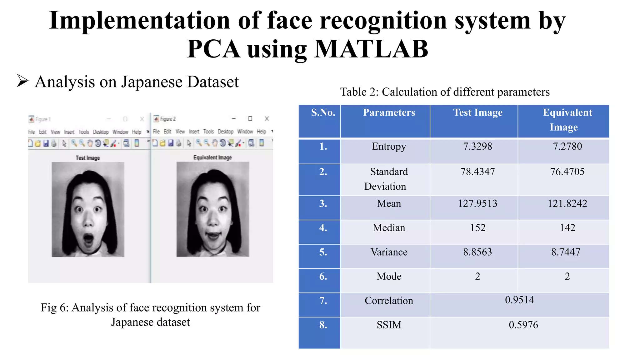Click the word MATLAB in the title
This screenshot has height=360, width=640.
point(371,49)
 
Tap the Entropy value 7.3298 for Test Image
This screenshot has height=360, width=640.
point(477,146)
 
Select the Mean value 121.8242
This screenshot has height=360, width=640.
point(567,203)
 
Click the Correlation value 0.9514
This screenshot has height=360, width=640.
point(519,300)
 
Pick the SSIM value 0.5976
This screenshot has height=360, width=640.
point(523,325)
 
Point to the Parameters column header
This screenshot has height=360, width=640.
point(389,112)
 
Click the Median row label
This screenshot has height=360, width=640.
point(389,228)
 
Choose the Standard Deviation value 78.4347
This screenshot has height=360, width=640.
point(477,172)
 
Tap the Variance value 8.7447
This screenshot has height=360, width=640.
point(566,252)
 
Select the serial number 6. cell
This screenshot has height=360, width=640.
point(323,276)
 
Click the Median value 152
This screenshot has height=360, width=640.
point(477,228)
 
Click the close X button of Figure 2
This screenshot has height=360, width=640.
point(267,119)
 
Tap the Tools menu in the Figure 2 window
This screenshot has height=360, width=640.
point(208,132)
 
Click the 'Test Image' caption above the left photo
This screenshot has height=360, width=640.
point(87,158)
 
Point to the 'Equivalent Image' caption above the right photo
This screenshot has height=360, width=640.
point(212,157)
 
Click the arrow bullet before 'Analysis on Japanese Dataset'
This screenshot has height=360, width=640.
point(22,81)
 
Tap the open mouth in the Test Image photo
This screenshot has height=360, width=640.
point(88,240)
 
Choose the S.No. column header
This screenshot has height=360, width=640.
point(323,112)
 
